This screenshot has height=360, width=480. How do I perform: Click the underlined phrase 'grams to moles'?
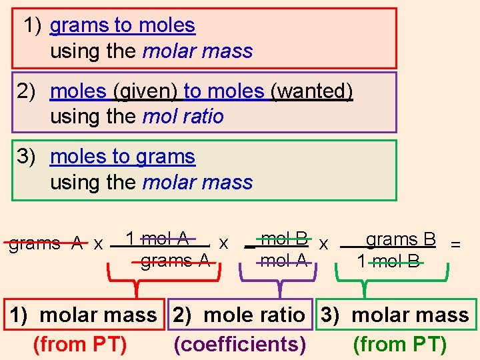click(123, 26)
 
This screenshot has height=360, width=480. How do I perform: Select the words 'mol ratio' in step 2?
click(183, 117)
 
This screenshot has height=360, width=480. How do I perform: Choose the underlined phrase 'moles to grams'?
click(123, 157)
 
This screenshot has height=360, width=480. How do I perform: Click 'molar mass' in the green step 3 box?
click(198, 183)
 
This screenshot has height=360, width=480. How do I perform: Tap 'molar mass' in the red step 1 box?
click(198, 51)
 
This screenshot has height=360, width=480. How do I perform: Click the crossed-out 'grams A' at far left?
click(44, 243)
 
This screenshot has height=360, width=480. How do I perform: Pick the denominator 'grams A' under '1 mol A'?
click(175, 261)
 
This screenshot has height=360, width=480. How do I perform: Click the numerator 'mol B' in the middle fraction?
click(285, 238)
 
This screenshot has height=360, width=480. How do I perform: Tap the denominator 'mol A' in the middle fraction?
click(284, 261)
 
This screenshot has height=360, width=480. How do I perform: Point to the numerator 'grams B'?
click(401, 239)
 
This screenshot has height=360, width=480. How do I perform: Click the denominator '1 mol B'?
click(389, 261)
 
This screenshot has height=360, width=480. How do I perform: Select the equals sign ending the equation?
click(455, 244)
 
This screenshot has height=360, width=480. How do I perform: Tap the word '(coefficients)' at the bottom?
click(239, 344)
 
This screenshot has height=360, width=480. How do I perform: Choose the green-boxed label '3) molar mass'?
click(396, 315)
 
